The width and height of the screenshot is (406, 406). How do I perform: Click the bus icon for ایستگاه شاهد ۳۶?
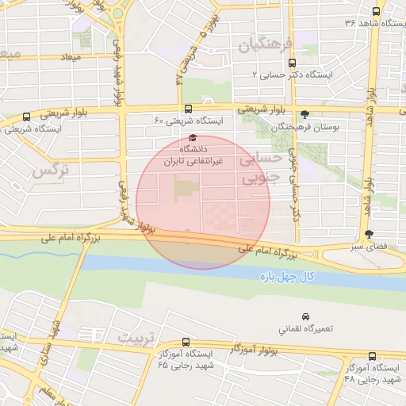[376, 11]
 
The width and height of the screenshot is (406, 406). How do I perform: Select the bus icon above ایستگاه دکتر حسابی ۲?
[292, 63]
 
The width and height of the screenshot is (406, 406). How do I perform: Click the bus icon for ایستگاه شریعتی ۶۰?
[188, 109]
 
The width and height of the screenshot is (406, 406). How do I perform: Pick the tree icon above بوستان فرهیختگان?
[305, 115]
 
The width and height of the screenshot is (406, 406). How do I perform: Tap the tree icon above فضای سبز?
[369, 234]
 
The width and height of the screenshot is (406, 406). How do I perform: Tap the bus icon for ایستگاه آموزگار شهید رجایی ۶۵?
[186, 343]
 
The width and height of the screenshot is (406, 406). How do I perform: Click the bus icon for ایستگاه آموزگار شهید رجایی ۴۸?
[373, 356]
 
